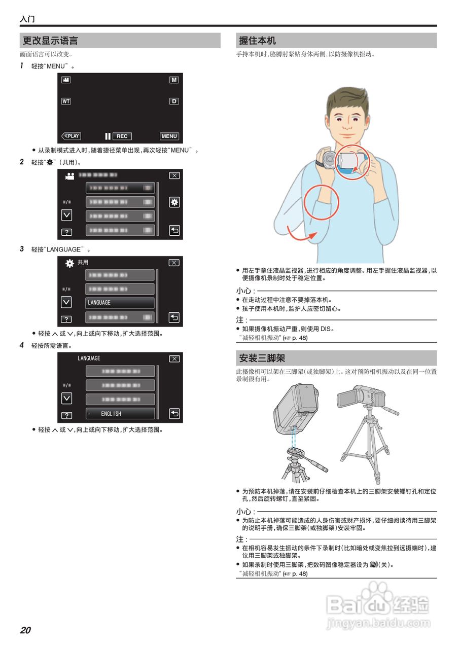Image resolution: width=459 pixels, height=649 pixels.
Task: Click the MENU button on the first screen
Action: pyautogui.click(x=169, y=136)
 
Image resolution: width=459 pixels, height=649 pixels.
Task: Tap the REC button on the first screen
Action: pyautogui.click(x=122, y=136)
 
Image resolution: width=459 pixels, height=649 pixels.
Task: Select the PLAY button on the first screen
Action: pyautogui.click(x=72, y=136)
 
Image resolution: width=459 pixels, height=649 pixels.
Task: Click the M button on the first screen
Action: pyautogui.click(x=174, y=80)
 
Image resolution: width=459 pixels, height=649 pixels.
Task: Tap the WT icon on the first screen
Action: pyautogui.click(x=66, y=101)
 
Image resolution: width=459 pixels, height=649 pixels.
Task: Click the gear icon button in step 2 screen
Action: pyautogui.click(x=174, y=202)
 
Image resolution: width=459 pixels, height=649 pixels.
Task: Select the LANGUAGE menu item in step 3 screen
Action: pyautogui.click(x=120, y=303)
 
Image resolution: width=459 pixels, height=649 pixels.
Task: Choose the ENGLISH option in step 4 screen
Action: pyautogui.click(x=120, y=414)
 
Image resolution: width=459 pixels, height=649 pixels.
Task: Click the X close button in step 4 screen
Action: pyautogui.click(x=174, y=358)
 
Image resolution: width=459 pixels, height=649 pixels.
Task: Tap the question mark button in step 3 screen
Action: pyautogui.click(x=66, y=319)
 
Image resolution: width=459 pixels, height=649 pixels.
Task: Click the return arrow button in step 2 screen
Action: pyautogui.click(x=174, y=230)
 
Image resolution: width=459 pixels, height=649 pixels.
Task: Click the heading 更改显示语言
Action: pyautogui.click(x=50, y=41)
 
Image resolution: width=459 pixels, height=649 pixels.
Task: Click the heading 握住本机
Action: pyautogui.click(x=257, y=41)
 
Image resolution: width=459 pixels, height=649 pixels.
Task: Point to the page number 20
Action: pyautogui.click(x=25, y=630)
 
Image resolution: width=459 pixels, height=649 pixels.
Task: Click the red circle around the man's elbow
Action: pyautogui.click(x=321, y=202)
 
